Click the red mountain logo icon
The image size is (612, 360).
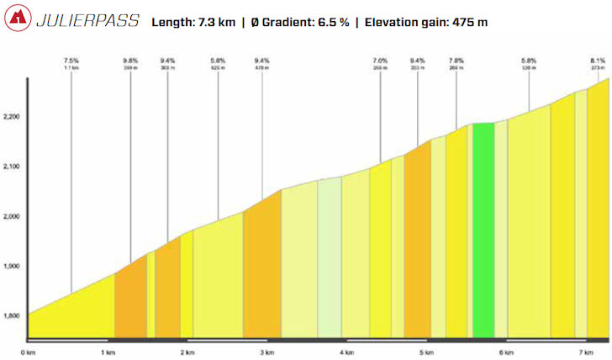(x=18, y=19)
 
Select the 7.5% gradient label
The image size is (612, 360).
(x=71, y=61)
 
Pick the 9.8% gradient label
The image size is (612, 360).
(x=130, y=61)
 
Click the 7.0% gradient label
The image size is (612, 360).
(x=380, y=61)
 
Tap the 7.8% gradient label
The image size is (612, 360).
(x=456, y=61)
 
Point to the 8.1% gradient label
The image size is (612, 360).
(x=598, y=61)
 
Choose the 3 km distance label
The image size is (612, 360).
(x=266, y=352)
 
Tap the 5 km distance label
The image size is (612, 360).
(x=426, y=352)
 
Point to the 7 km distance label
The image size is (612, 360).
(x=586, y=352)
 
